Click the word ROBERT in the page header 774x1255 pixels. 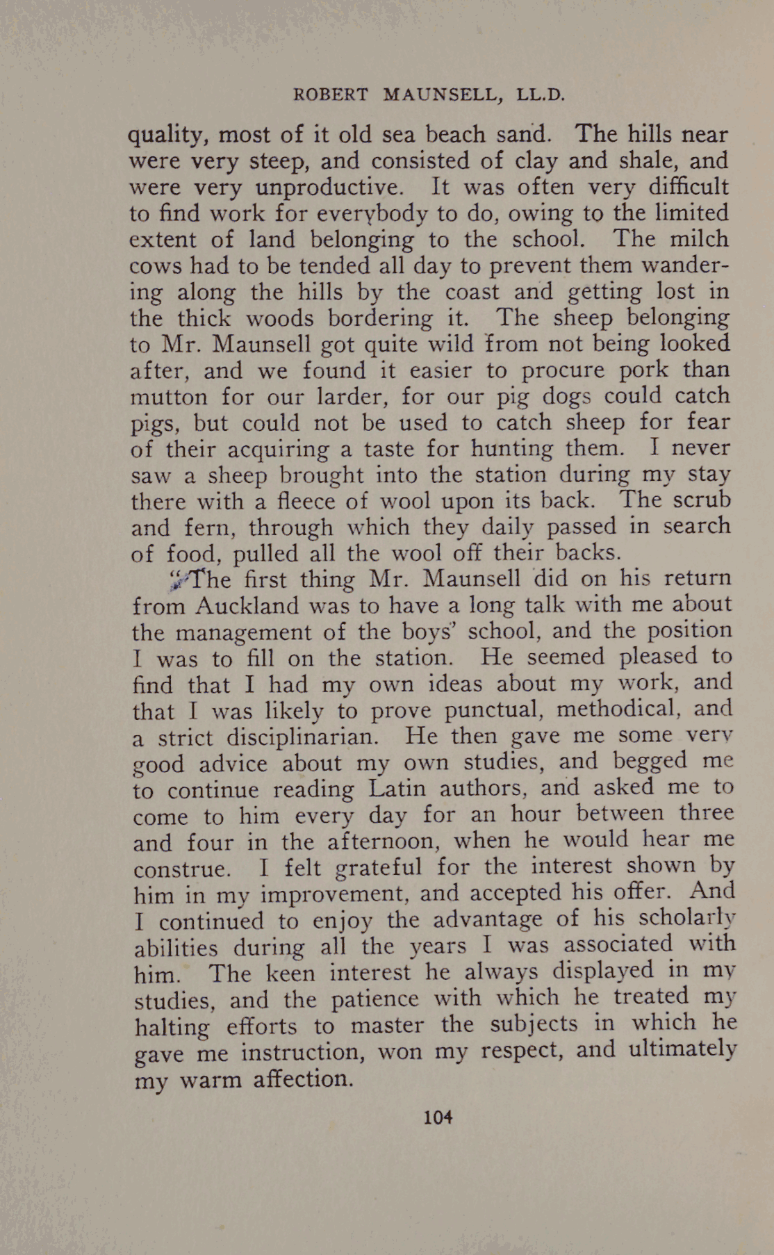pyautogui.click(x=331, y=95)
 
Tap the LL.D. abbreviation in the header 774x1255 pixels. pyautogui.click(x=541, y=95)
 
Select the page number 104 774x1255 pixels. pyautogui.click(x=438, y=1117)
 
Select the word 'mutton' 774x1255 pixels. pyautogui.click(x=169, y=397)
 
